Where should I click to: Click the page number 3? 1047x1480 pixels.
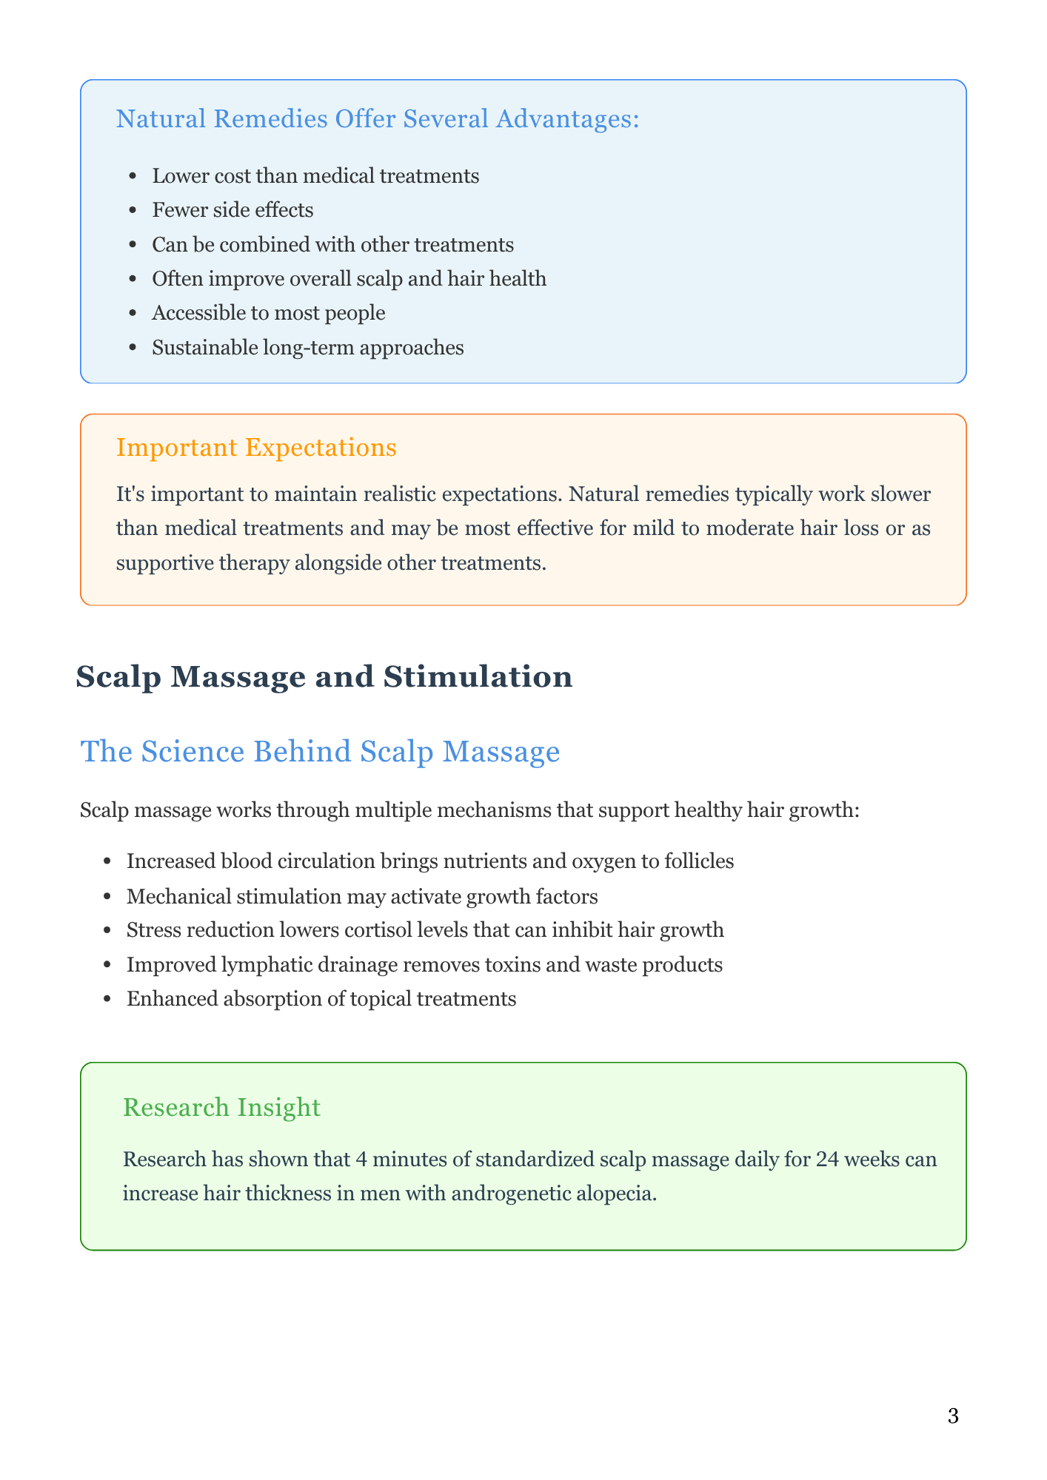click(x=952, y=1417)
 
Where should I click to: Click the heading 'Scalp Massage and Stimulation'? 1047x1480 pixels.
click(x=324, y=677)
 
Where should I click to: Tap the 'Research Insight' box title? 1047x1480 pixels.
click(x=221, y=1106)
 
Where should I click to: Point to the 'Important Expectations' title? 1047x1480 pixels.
click(x=256, y=448)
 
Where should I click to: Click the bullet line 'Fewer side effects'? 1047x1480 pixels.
click(x=233, y=210)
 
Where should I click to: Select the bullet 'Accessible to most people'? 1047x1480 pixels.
click(x=268, y=313)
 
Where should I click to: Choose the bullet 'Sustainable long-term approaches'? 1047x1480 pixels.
click(x=307, y=347)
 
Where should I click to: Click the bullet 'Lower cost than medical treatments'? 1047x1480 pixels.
click(x=315, y=176)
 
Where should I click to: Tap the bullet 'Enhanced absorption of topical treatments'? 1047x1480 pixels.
click(x=321, y=999)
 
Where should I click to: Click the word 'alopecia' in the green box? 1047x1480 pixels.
click(x=620, y=1193)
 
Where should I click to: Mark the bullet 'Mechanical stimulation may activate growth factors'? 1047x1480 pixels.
click(x=362, y=896)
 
